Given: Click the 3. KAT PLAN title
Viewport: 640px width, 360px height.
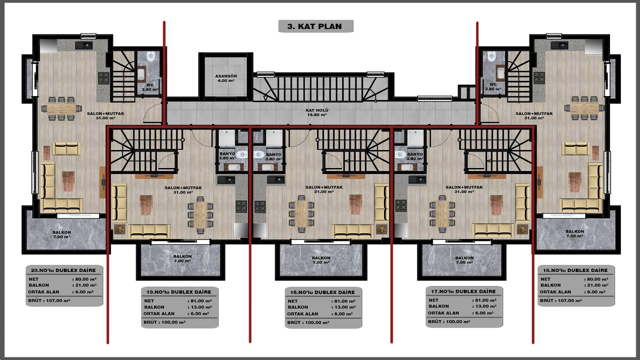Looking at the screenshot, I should pyautogui.click(x=315, y=26).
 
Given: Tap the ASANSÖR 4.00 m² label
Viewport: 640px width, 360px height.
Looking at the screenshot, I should pyautogui.click(x=226, y=78).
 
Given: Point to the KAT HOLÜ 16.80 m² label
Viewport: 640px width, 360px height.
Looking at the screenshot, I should pyautogui.click(x=317, y=112).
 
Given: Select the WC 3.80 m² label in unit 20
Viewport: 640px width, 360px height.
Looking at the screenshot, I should pyautogui.click(x=150, y=87).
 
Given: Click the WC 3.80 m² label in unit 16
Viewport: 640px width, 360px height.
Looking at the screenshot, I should pyautogui.click(x=493, y=87).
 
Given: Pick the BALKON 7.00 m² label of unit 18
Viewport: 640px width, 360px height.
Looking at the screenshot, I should pyautogui.click(x=321, y=260).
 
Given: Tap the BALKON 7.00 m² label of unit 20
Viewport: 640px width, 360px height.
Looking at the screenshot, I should pyautogui.click(x=62, y=235).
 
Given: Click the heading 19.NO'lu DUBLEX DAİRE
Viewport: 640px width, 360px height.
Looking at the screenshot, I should pyautogui.click(x=179, y=292).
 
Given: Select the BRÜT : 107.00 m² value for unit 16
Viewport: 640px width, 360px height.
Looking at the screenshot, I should pyautogui.click(x=561, y=300).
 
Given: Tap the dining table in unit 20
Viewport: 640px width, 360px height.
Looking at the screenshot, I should pyautogui.click(x=61, y=108).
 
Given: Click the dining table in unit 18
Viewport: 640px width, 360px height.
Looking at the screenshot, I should pyautogui.click(x=301, y=213).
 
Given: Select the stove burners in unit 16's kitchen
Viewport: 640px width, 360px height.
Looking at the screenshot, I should pyautogui.click(x=539, y=77).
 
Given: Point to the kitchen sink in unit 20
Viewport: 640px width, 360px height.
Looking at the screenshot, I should pyautogui.click(x=84, y=45).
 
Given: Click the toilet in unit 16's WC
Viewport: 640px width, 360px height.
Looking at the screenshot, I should pyautogui.click(x=492, y=57).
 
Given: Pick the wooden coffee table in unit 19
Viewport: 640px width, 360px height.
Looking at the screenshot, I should pyautogui.click(x=146, y=204).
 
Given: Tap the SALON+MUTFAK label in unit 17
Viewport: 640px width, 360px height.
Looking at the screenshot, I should pyautogui.click(x=464, y=189).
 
